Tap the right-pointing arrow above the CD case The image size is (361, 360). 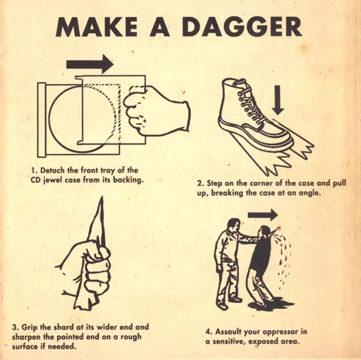tap(90, 64)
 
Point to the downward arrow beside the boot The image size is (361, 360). tap(278, 100)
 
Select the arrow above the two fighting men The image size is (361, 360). tap(263, 215)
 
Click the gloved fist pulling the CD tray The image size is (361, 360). tap(156, 111)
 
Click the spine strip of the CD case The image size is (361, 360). tap(42, 120)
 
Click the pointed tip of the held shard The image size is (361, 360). tap(102, 197)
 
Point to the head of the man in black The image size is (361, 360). tap(264, 232)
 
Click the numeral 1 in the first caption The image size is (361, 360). tap(33, 170)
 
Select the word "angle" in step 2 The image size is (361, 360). tap(309, 193)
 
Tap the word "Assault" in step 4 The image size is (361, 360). tap(229, 332)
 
